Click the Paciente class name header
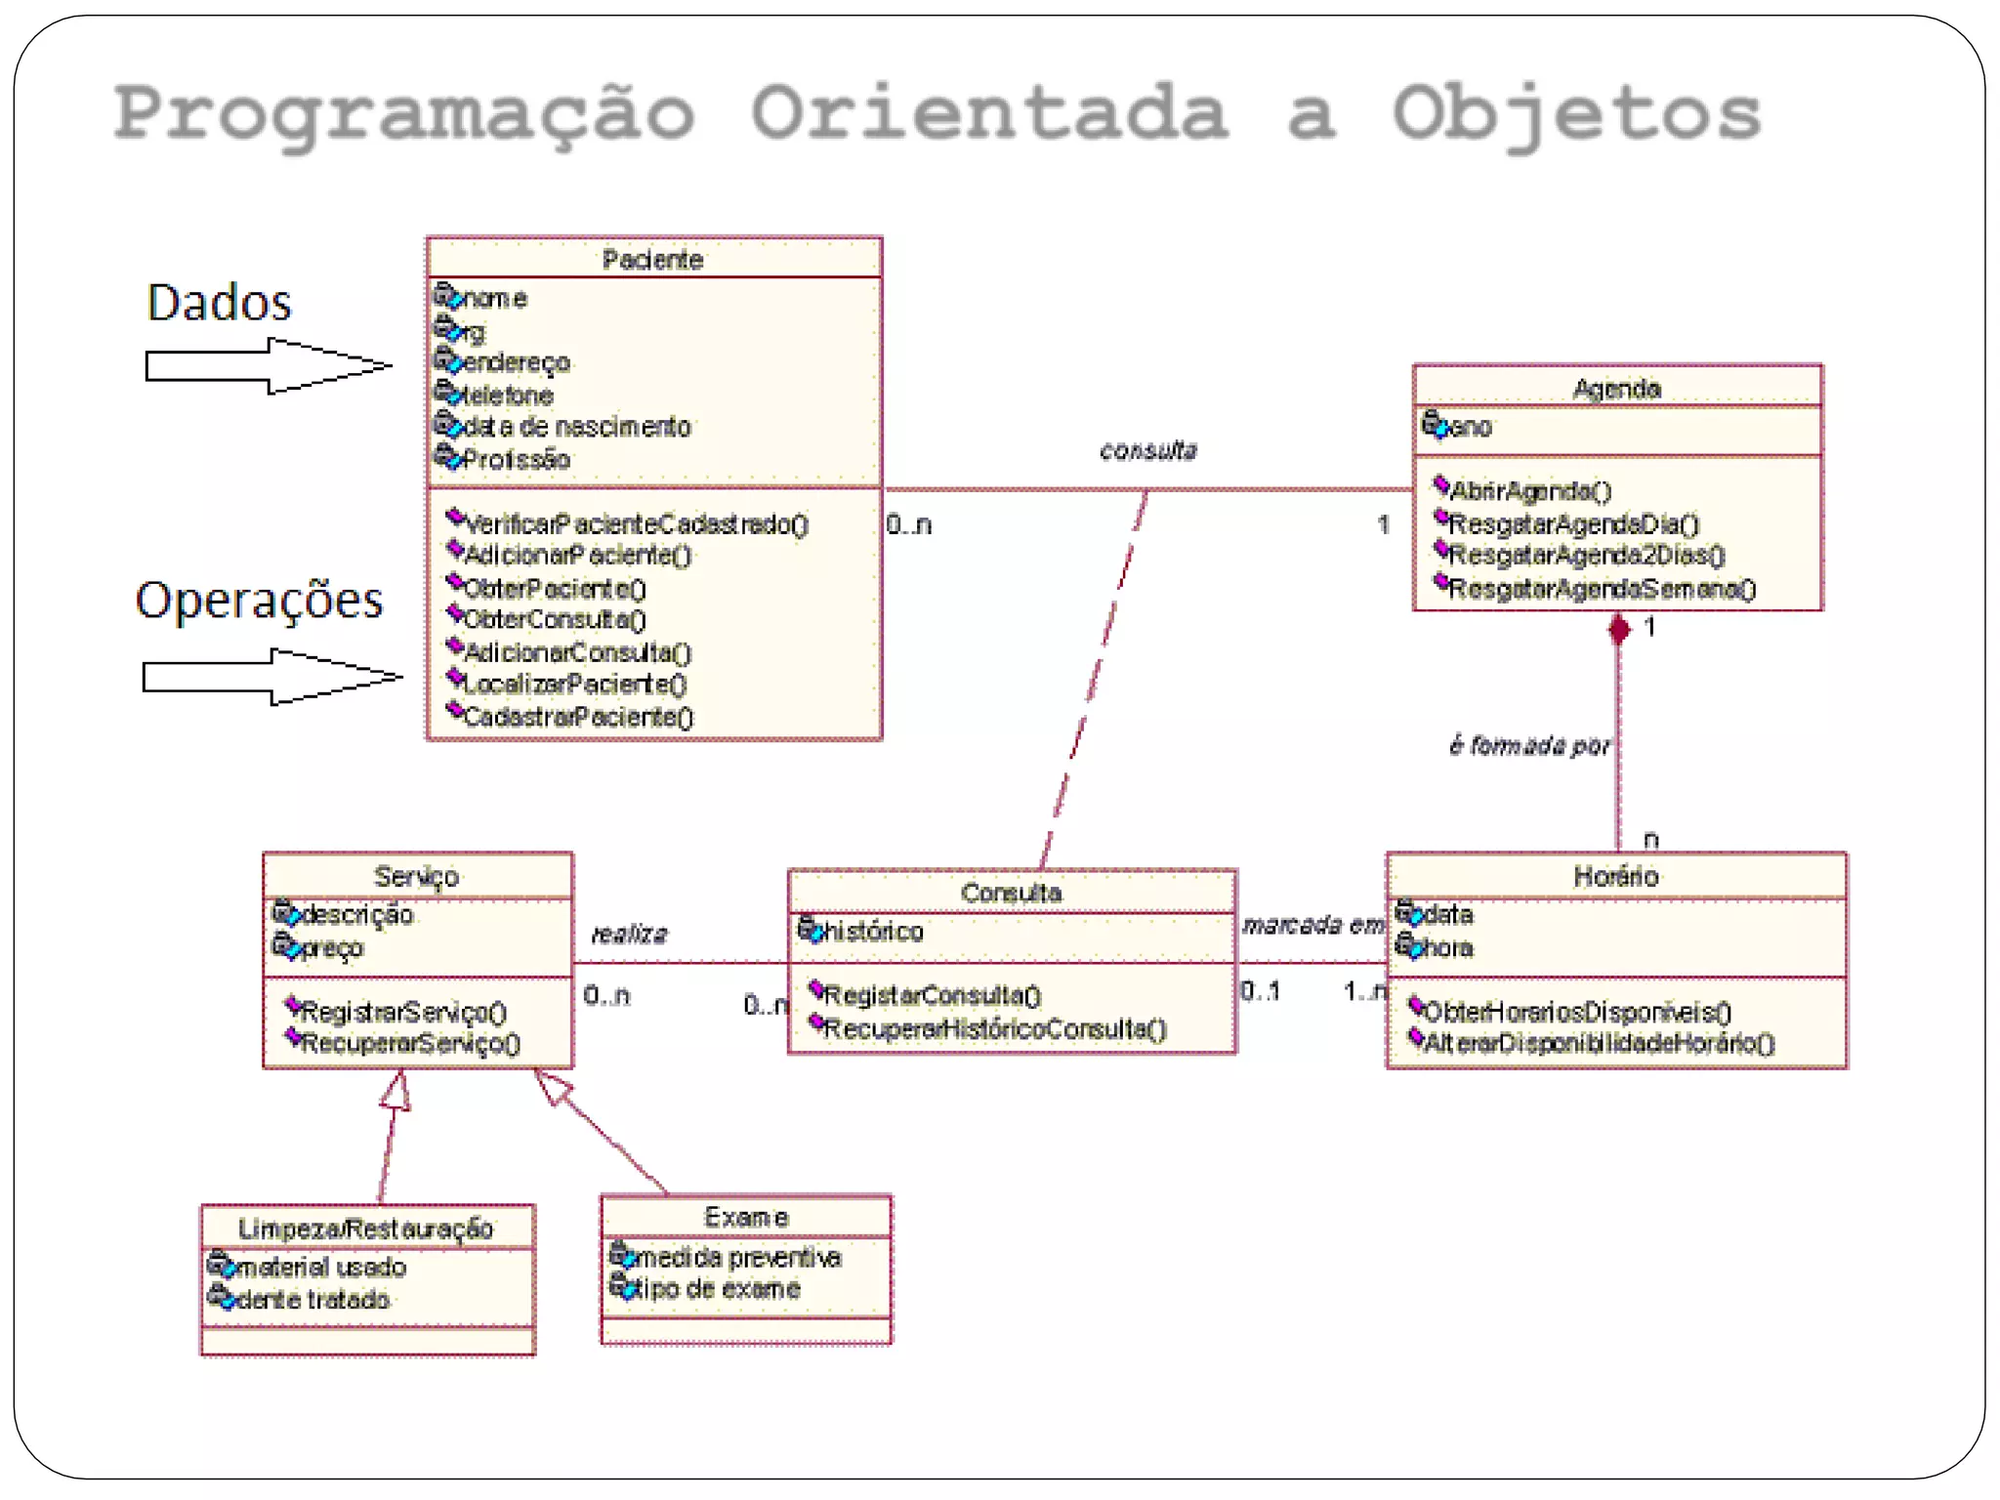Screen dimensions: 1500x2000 pos(652,260)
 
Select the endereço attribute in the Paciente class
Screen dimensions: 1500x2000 pos(515,363)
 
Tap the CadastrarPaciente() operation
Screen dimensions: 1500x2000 pos(577,718)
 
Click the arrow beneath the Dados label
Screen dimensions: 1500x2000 pos(268,366)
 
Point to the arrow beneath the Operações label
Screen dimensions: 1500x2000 pos(271,677)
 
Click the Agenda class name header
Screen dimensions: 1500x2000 pos(1616,389)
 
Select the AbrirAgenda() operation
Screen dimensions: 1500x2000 pos(1529,491)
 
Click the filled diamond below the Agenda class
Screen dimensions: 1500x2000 pos(1618,630)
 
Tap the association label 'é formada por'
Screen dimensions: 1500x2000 pos(1529,747)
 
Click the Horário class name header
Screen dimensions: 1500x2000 pos(1616,877)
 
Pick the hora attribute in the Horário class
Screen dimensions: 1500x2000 pos(1447,948)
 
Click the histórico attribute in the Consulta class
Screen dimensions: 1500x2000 pos(872,932)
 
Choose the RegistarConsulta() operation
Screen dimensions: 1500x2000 pos(932,996)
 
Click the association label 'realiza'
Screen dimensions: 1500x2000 pos(629,935)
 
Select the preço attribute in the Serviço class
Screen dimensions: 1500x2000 pos(332,948)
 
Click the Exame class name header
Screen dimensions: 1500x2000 pos(746,1218)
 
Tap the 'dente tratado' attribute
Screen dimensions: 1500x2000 pos(312,1300)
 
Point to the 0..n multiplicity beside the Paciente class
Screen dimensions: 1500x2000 pos(909,525)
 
